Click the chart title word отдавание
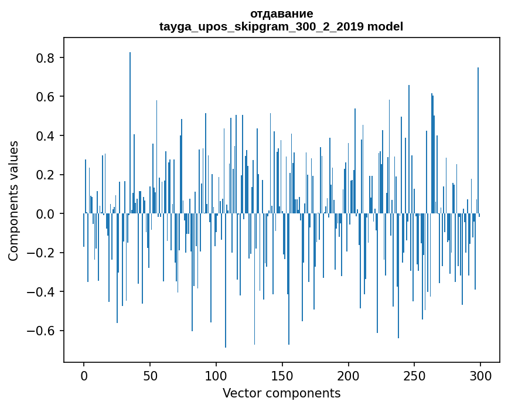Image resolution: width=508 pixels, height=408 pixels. point(281,13)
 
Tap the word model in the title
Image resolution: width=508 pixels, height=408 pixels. point(385,26)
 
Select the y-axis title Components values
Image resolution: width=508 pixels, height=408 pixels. point(13,200)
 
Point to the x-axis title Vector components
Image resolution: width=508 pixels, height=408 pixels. point(281,393)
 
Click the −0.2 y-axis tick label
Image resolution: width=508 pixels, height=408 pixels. point(42,253)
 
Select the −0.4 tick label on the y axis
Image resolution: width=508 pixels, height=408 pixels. point(42,292)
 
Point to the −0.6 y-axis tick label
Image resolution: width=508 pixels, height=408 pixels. point(42,331)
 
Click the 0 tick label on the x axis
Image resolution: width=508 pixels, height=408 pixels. point(84,375)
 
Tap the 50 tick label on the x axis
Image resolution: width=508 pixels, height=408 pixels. point(150,375)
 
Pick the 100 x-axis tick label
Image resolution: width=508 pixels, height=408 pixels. point(216,375)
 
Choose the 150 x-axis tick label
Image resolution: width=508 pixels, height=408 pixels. point(282,375)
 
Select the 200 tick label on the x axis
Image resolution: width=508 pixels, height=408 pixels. point(349,375)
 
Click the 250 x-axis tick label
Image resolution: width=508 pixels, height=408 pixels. point(415,375)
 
